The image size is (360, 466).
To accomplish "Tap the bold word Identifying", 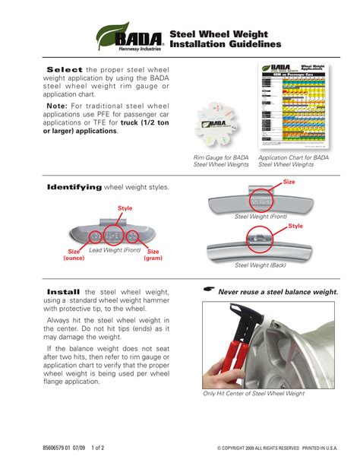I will click(74, 188).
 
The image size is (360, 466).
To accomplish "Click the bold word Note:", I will click(62, 106).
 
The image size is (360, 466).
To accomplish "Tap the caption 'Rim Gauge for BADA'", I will click(219, 157).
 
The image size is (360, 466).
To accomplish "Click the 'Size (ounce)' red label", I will click(74, 255).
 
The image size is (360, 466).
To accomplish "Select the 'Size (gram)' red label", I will click(153, 255).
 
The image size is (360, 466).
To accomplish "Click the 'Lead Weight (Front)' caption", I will click(115, 250).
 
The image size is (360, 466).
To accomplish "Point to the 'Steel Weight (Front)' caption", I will click(261, 217).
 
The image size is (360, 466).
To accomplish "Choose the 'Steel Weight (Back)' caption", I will click(261, 265).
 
